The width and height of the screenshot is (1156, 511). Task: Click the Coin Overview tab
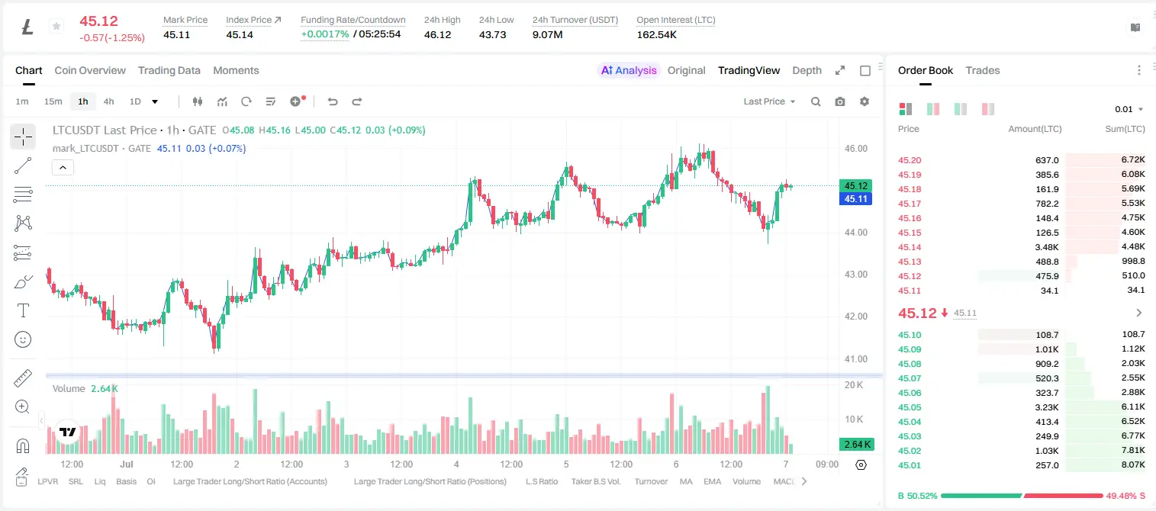tap(90, 70)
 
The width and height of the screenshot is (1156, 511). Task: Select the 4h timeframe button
tap(108, 101)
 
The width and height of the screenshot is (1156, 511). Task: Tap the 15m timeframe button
tap(53, 101)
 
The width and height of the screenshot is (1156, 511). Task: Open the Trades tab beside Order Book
tap(983, 70)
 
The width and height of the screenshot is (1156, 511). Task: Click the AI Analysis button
tap(629, 70)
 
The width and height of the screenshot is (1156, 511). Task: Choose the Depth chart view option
tap(807, 70)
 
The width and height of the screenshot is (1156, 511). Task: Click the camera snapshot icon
tap(840, 101)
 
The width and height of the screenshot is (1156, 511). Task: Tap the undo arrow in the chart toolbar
tap(333, 101)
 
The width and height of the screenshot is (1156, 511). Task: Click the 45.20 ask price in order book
tap(910, 160)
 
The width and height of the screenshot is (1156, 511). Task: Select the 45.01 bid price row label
tap(910, 465)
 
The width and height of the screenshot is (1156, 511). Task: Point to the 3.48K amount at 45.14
tap(1047, 247)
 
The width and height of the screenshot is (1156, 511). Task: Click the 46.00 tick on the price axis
tap(855, 149)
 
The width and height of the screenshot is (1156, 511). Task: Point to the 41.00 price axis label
tap(855, 359)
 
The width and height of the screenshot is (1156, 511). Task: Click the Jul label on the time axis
tap(127, 464)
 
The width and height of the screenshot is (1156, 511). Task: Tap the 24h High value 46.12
tap(438, 34)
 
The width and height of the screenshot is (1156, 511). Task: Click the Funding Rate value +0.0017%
tap(325, 34)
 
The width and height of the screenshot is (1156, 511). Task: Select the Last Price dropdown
tap(769, 101)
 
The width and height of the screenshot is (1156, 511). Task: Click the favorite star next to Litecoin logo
tap(56, 26)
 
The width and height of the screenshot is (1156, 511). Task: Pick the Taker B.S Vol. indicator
tap(595, 481)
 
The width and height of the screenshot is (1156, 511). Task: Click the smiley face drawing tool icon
tap(23, 339)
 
